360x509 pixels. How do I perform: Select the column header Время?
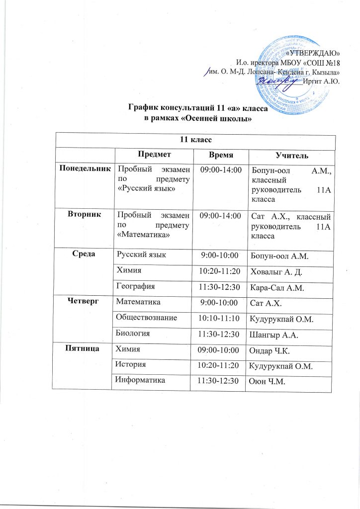point(220,156)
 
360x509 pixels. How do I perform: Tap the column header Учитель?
point(292,156)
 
